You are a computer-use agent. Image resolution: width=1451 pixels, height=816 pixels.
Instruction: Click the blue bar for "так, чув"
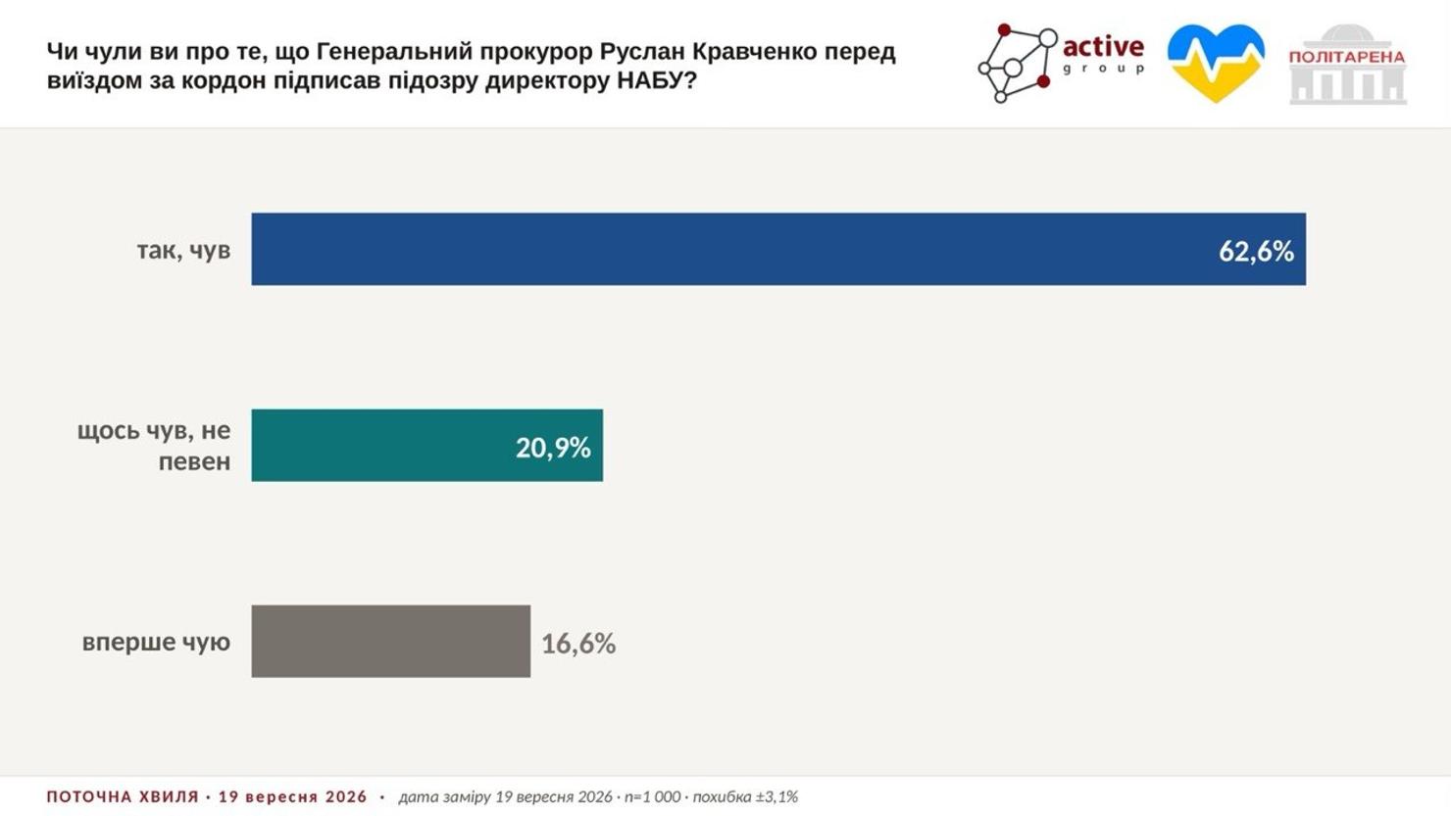pyautogui.click(x=778, y=249)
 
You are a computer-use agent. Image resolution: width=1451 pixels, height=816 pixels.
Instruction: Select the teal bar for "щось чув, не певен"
pyautogui.click(x=427, y=445)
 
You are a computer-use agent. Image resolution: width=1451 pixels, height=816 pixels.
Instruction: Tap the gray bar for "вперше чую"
pyautogui.click(x=391, y=642)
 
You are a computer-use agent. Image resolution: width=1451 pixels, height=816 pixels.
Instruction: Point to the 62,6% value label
pyautogui.click(x=1256, y=251)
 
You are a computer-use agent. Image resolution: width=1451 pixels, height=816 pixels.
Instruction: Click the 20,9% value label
pyautogui.click(x=553, y=448)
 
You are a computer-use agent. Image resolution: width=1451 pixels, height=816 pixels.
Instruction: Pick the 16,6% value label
pyautogui.click(x=578, y=644)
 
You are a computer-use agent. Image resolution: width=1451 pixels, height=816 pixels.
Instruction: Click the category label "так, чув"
pyautogui.click(x=183, y=251)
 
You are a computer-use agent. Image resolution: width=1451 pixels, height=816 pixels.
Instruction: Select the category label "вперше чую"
pyautogui.click(x=156, y=642)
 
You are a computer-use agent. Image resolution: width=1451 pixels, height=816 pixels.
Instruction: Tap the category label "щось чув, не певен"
pyautogui.click(x=154, y=446)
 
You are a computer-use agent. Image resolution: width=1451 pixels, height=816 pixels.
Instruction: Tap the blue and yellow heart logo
pyautogui.click(x=1216, y=63)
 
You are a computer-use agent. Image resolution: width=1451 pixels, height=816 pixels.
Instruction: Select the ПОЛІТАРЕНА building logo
pyautogui.click(x=1347, y=64)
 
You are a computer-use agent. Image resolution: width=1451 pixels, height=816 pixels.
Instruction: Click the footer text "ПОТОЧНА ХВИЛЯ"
pyautogui.click(x=123, y=796)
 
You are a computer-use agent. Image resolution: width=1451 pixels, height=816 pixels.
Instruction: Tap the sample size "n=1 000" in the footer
pyautogui.click(x=652, y=796)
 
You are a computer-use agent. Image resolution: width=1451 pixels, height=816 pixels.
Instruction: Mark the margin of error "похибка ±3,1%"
pyautogui.click(x=745, y=796)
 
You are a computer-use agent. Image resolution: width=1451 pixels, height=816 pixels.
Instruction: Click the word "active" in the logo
pyautogui.click(x=1103, y=47)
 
